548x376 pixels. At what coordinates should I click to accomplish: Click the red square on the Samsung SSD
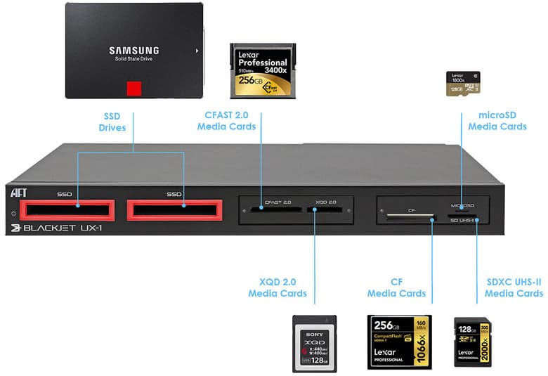point(134,89)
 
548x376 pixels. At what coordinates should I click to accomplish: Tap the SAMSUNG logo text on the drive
point(133,51)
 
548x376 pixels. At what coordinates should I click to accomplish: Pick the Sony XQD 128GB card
point(314,343)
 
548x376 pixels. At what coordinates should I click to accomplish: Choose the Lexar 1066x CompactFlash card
point(399,342)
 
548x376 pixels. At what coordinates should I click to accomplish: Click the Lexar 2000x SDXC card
point(473,342)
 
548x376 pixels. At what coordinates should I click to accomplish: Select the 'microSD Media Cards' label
point(497,121)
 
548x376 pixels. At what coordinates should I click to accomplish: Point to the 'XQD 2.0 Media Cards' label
point(278,287)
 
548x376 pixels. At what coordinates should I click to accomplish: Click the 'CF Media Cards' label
point(396,287)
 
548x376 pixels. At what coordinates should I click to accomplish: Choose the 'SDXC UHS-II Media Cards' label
point(514,287)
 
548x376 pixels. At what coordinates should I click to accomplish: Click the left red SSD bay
point(67,209)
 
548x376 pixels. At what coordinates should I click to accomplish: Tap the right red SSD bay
point(174,209)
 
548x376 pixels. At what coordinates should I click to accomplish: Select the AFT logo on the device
point(19,191)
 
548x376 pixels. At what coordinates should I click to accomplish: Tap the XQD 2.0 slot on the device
point(325,209)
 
